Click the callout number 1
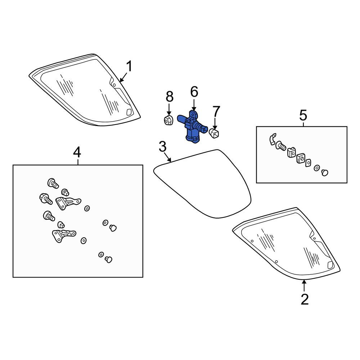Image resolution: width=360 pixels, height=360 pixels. pos(130,66)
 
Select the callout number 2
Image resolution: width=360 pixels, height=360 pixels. pos(305,299)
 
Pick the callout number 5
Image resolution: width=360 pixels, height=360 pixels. pos(303,115)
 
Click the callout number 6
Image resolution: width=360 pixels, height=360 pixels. pos(194,92)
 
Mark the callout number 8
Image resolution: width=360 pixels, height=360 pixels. pos(170,96)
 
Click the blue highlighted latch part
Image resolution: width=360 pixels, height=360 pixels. pos(192,127)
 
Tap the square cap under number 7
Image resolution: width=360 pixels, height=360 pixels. pos(214,134)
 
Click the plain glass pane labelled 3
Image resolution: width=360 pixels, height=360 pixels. pos(202,184)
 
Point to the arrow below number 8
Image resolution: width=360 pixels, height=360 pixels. pos(169,109)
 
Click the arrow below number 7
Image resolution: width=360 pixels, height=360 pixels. pos(215,123)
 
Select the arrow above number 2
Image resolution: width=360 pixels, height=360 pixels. pos(304,286)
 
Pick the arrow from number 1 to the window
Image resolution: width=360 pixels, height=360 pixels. pos(123,77)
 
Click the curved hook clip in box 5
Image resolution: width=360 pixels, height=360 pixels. pos(272,139)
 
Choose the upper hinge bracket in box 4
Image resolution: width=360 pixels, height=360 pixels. pos(68,202)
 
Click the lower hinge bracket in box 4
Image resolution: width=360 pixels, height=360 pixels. pos(64,235)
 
